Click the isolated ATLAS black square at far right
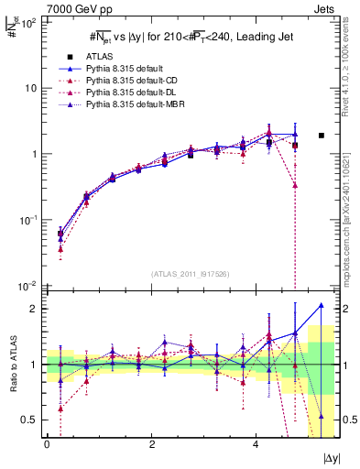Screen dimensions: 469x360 click(321, 136)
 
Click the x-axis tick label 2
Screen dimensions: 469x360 click(152, 444)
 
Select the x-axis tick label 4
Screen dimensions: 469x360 click(256, 444)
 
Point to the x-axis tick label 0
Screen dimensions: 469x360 click(48, 444)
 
